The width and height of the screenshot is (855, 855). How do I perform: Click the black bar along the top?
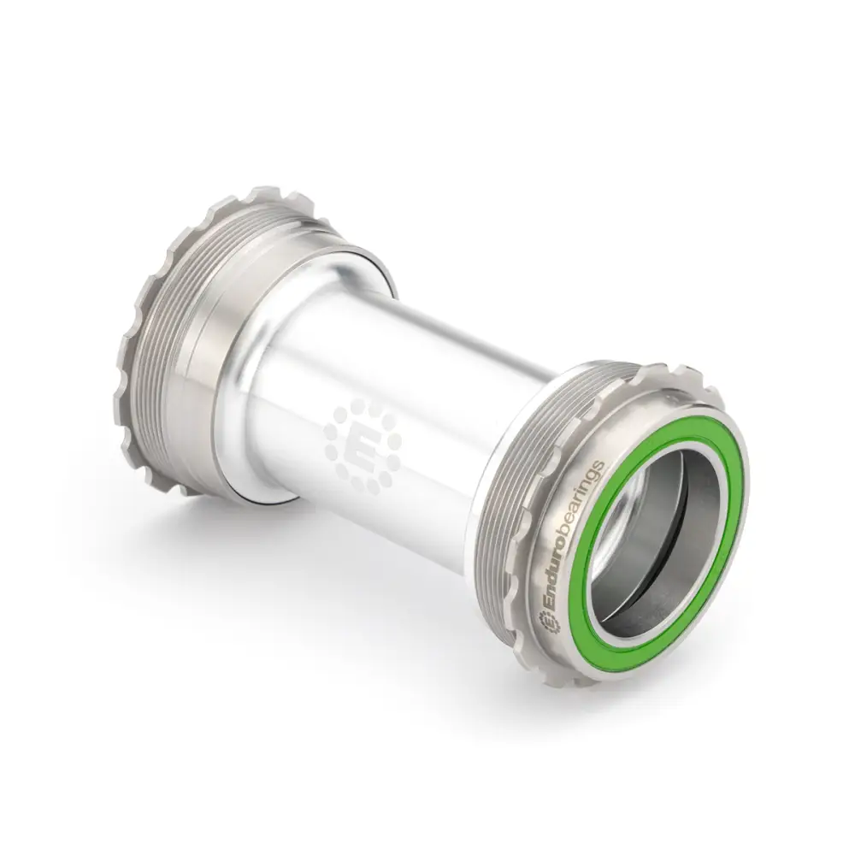click(427, 51)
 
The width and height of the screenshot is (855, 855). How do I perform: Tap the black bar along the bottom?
click(427, 804)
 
